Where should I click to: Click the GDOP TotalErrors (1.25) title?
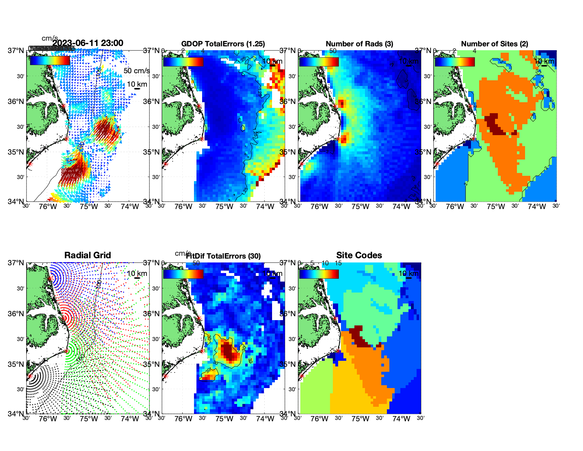click(x=223, y=44)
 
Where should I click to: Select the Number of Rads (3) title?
click(x=359, y=44)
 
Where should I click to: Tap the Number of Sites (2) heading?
click(x=494, y=44)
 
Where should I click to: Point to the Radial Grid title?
click(x=88, y=255)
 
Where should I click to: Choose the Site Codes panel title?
click(x=359, y=255)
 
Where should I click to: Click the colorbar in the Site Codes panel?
click(x=319, y=274)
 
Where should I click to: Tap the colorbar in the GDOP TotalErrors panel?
click(x=183, y=62)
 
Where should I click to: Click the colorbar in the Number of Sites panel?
click(x=455, y=62)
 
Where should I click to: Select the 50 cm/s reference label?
click(x=136, y=71)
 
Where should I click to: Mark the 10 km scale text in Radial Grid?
click(x=137, y=273)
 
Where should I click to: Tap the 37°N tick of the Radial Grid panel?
click(x=16, y=263)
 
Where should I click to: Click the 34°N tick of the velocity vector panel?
click(x=16, y=202)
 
